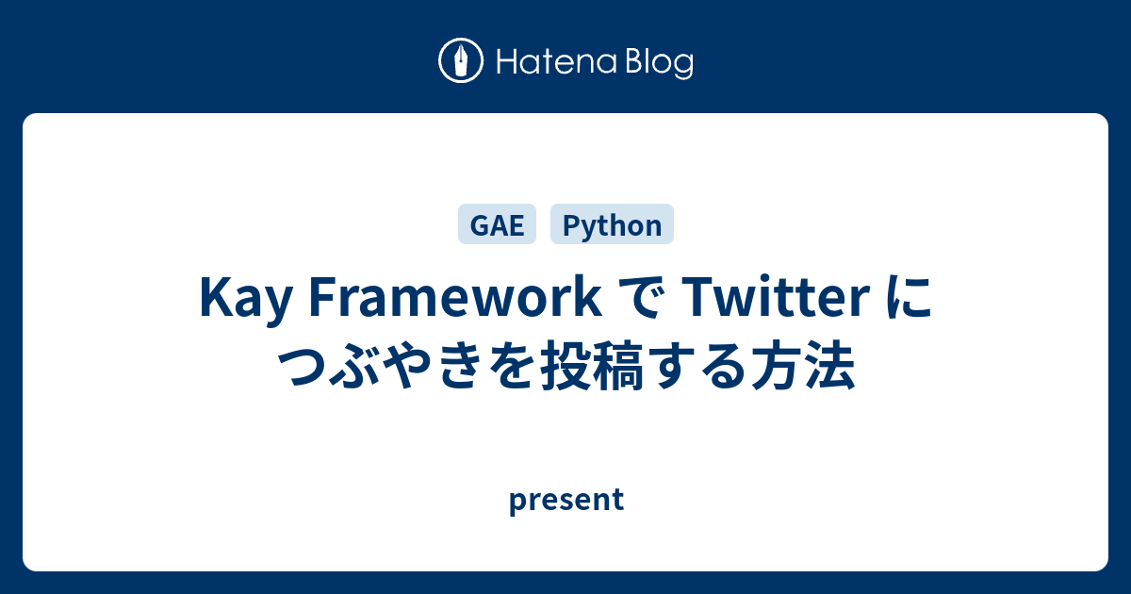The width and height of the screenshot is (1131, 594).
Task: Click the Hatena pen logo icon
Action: [x=461, y=60]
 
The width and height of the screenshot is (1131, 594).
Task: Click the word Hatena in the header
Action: [x=557, y=62]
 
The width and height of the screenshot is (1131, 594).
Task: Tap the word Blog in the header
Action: [x=660, y=63]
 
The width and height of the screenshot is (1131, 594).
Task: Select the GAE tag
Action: [x=497, y=224]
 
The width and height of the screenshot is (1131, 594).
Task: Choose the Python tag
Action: [x=612, y=224]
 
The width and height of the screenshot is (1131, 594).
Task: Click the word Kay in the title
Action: [x=246, y=299]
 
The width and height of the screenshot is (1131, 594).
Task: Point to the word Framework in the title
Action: [x=455, y=297]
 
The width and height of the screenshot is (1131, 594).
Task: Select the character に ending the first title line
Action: [x=909, y=298]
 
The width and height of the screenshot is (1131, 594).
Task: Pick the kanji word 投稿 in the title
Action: [x=592, y=365]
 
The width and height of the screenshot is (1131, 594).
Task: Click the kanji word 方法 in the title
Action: [x=803, y=365]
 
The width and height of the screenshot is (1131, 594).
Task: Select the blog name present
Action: [x=566, y=500]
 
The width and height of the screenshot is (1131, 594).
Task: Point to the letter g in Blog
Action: [x=683, y=66]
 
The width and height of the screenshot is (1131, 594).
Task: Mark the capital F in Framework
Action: [x=322, y=297]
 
